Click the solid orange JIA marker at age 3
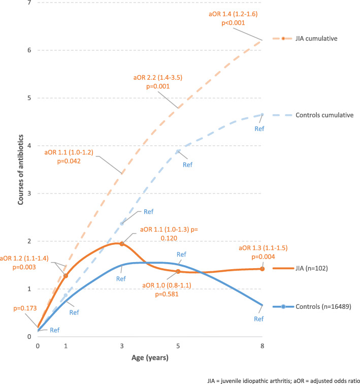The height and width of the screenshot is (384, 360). point(121,244)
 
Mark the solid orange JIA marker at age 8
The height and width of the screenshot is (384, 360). point(262,269)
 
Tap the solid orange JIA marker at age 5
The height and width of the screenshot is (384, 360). point(178,271)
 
